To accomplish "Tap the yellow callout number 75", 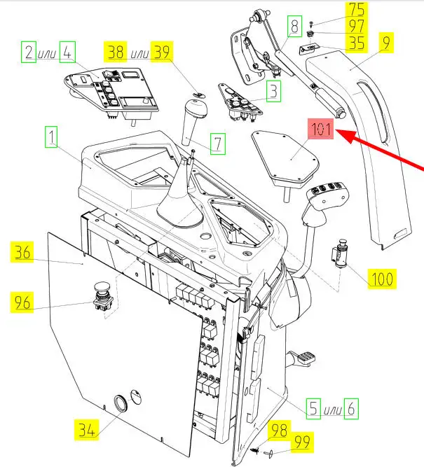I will click(357, 11).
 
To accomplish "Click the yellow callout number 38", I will click(116, 52).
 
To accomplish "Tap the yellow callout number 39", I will click(162, 52).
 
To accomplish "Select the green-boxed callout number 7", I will click(217, 145).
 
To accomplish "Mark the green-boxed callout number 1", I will click(51, 137).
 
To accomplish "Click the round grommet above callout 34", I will click(119, 403).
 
